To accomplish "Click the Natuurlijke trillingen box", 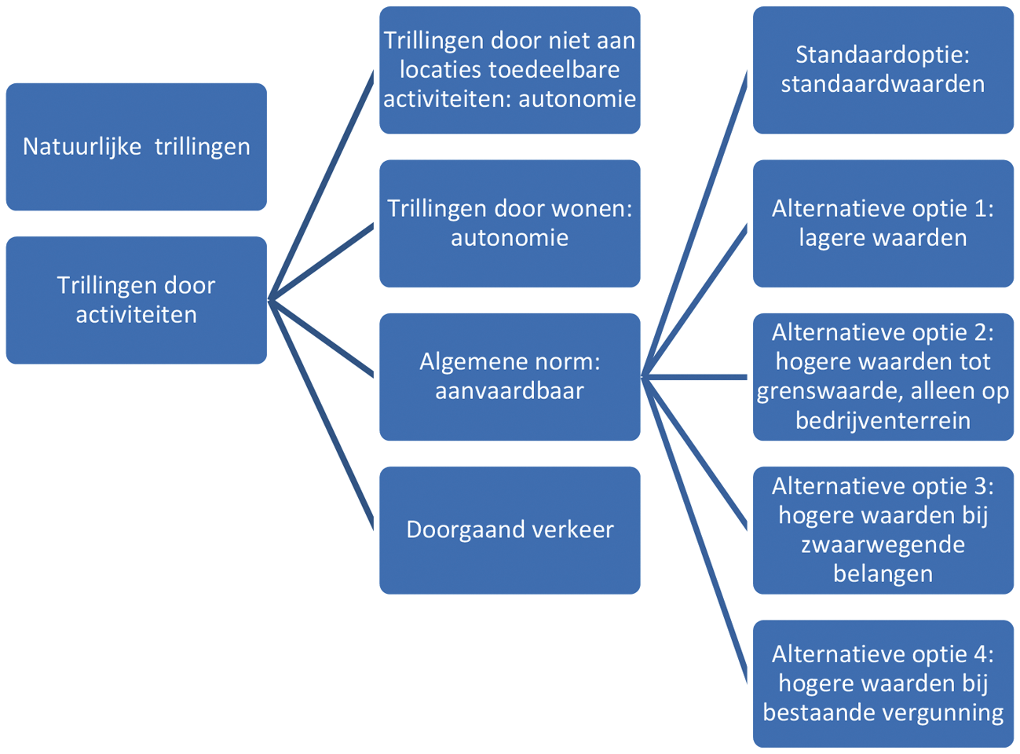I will [136, 147].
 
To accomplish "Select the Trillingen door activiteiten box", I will [136, 300].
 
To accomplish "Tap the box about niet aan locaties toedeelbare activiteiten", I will [510, 70].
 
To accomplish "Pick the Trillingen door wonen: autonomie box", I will [510, 224].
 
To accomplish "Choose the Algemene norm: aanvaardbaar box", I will [510, 377].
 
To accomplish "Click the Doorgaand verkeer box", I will [510, 530].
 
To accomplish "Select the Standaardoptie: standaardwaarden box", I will [883, 70].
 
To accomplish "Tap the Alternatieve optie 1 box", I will [883, 224].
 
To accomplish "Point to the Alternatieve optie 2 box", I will [883, 377].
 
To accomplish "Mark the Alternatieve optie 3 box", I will [883, 530].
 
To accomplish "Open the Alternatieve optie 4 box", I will [883, 683].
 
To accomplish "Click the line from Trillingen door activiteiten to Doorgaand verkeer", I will [322, 416].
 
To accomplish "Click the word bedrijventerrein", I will [883, 421].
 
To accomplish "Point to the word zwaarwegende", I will [883, 545].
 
